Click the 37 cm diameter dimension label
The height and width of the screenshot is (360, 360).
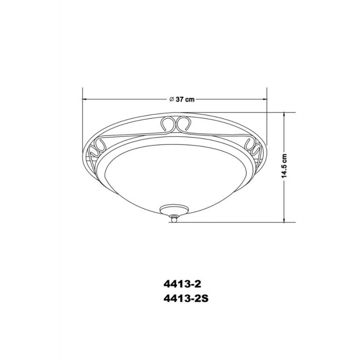[x=185, y=99]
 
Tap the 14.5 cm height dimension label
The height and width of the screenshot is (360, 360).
[x=284, y=166]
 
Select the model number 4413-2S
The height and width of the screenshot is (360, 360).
[x=186, y=299]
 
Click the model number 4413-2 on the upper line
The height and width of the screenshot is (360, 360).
[x=182, y=284]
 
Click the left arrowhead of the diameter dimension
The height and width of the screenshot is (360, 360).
[x=84, y=99]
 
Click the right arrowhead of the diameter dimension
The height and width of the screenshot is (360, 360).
[x=265, y=99]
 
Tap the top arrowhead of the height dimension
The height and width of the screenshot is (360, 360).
[x=284, y=114]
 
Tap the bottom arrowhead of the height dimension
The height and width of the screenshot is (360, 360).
[x=284, y=220]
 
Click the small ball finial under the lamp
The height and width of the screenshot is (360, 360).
[x=174, y=220]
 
